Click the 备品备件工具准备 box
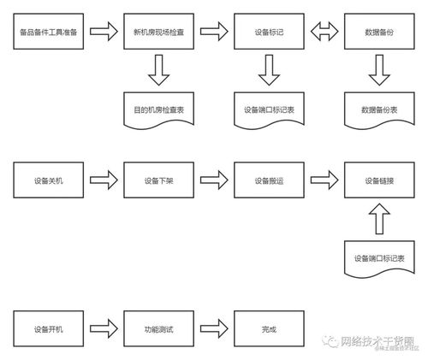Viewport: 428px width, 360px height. [x=49, y=32]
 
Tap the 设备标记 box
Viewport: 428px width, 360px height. [x=269, y=32]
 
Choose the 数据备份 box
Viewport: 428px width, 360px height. [x=378, y=32]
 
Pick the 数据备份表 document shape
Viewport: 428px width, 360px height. [x=378, y=109]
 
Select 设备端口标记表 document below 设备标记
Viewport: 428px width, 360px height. [x=269, y=109]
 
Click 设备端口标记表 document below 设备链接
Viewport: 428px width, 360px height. [x=378, y=257]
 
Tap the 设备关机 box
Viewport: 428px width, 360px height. [x=49, y=180]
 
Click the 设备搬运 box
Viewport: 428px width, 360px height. [x=269, y=180]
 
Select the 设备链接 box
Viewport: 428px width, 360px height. [x=378, y=180]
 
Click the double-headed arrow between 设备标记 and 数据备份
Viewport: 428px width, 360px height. [x=324, y=32]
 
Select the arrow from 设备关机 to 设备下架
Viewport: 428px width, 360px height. [x=104, y=180]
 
